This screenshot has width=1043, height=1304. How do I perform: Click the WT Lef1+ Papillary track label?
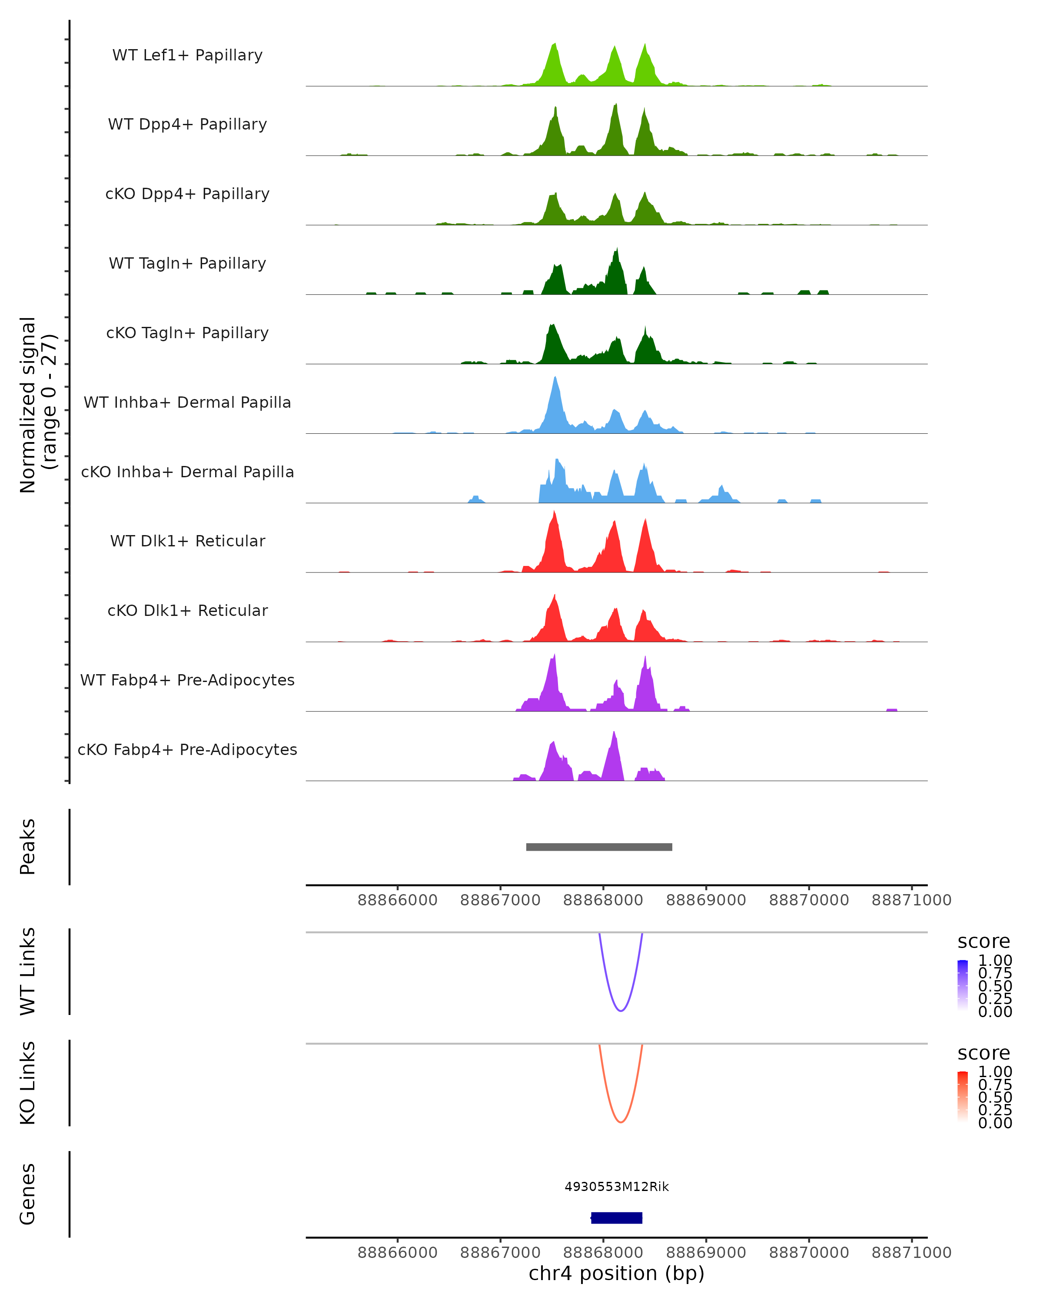click(187, 55)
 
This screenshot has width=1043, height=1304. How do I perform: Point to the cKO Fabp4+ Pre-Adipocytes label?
click(187, 749)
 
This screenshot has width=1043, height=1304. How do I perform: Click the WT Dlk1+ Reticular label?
click(187, 541)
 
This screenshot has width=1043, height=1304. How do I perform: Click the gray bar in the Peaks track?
click(598, 847)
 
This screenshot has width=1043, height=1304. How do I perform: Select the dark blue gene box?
click(617, 1218)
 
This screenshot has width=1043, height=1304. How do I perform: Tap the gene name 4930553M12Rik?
click(617, 1187)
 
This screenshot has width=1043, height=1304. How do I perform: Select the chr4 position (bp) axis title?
click(616, 1273)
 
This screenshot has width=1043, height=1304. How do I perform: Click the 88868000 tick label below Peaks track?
click(603, 900)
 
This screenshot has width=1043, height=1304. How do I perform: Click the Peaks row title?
click(28, 847)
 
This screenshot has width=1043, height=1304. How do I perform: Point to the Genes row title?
click(28, 1194)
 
